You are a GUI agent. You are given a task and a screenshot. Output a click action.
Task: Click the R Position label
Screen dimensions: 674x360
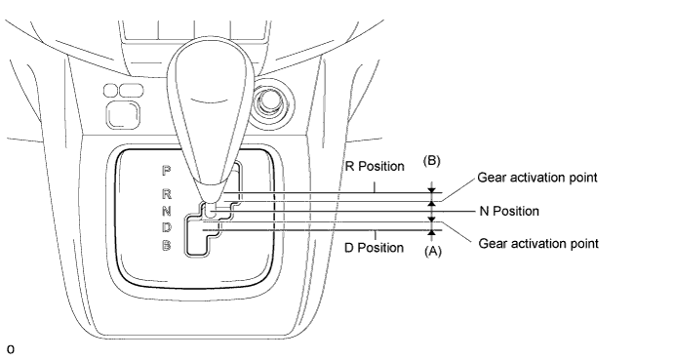click(375, 167)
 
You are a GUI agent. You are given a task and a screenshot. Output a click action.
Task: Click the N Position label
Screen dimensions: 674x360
click(509, 211)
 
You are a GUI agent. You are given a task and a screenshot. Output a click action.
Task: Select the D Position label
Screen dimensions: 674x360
click(374, 248)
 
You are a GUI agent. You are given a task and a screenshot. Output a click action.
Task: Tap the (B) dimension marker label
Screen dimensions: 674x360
click(431, 160)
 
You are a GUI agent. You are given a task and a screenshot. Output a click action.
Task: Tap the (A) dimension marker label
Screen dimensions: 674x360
click(433, 251)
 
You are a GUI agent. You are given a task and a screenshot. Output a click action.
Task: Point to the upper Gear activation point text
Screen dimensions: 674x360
click(537, 178)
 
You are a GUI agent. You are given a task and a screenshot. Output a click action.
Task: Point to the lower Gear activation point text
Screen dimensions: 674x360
click(538, 244)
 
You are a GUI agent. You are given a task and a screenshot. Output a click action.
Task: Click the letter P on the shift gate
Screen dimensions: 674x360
click(166, 171)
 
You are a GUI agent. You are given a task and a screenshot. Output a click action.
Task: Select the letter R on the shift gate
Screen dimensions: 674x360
click(167, 194)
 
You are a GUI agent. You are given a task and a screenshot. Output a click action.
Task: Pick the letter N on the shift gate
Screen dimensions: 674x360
click(167, 211)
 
